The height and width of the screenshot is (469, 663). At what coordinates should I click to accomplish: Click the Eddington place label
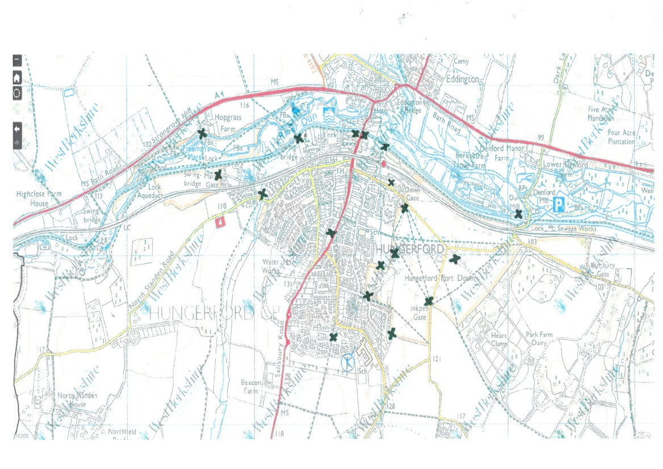pyautogui.click(x=463, y=79)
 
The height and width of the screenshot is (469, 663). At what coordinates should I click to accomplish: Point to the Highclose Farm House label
pyautogui.click(x=39, y=198)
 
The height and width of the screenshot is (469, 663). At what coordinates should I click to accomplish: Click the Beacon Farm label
pyautogui.click(x=250, y=387)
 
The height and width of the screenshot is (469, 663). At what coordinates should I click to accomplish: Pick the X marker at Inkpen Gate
pyautogui.click(x=429, y=301)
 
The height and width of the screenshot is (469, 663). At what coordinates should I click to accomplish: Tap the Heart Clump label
pyautogui.click(x=499, y=340)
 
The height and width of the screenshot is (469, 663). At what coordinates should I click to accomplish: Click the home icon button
pyautogui.click(x=17, y=78)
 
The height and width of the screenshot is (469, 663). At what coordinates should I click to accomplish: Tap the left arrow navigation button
pyautogui.click(x=17, y=128)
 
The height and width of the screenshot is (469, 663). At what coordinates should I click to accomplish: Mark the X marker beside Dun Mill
pyautogui.click(x=518, y=214)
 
